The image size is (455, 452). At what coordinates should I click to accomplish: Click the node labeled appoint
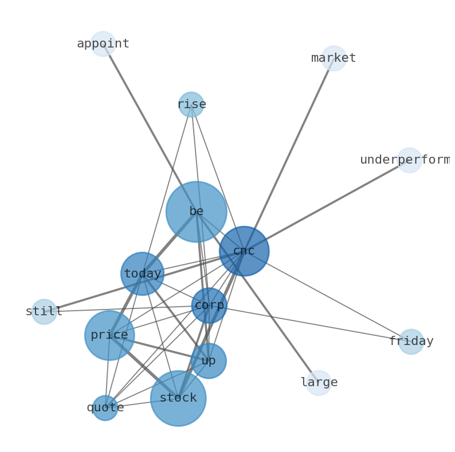tap(103, 44)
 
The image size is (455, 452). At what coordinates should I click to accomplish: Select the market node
tap(334, 58)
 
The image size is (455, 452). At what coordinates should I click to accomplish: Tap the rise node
tap(191, 105)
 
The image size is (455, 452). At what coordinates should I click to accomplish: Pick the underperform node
tap(410, 160)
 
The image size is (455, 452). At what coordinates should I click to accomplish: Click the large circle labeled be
tap(197, 212)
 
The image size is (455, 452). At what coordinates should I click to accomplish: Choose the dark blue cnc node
tap(244, 251)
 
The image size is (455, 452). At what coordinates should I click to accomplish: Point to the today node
tap(143, 274)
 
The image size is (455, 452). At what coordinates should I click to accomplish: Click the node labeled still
tap(44, 312)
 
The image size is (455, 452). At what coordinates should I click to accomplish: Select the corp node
tap(209, 306)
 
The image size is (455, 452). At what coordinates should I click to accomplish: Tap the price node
tap(109, 335)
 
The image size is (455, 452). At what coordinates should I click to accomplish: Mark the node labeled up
tap(209, 361)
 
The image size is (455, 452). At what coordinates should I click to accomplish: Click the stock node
tap(178, 398)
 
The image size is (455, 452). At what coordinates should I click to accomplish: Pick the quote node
tap(105, 408)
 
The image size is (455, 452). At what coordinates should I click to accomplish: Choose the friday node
tap(411, 342)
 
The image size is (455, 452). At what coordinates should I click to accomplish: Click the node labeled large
tap(319, 383)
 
